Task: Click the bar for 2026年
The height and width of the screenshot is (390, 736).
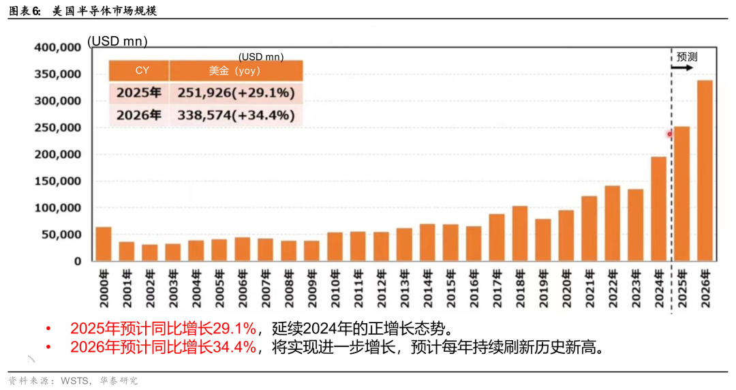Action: pyautogui.click(x=705, y=170)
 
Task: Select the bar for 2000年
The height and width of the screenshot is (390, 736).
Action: pyautogui.click(x=104, y=244)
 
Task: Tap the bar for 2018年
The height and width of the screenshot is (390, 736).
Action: pyautogui.click(x=520, y=233)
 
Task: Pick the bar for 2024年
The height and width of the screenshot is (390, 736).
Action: pyautogui.click(x=659, y=209)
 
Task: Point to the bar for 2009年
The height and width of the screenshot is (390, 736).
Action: pyautogui.click(x=311, y=250)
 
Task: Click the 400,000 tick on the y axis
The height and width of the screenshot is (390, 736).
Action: pyautogui.click(x=58, y=48)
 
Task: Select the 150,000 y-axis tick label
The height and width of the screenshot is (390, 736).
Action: pyautogui.click(x=58, y=181)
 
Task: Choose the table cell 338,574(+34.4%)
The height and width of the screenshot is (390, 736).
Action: pyautogui.click(x=236, y=115)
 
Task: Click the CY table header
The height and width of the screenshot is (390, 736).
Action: pyautogui.click(x=142, y=70)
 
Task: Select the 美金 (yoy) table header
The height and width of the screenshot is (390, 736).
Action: pyautogui.click(x=235, y=70)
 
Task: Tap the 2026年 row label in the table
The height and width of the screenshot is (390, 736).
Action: pyautogui.click(x=139, y=115)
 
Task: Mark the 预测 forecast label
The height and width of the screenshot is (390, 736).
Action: pyautogui.click(x=687, y=57)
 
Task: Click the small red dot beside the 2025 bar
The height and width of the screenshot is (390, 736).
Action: pyautogui.click(x=670, y=134)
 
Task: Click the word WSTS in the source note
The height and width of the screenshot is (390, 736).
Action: pyautogui.click(x=75, y=380)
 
